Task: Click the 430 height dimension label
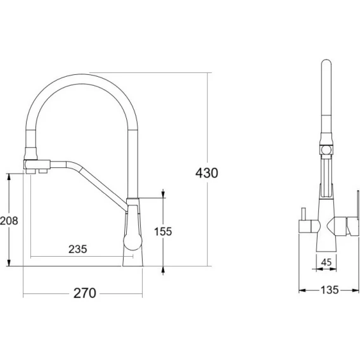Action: pos(207,173)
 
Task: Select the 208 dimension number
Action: pos(9,221)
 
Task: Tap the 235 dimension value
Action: pos(78,249)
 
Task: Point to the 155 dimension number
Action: pos(163,231)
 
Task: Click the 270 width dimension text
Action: pos(85,293)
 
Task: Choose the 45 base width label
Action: pos(326,262)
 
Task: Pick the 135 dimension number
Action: pos(330,290)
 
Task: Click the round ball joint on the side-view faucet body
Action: pos(132,241)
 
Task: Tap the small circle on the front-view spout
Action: pos(326,150)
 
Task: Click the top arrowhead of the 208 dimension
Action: pos(9,177)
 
